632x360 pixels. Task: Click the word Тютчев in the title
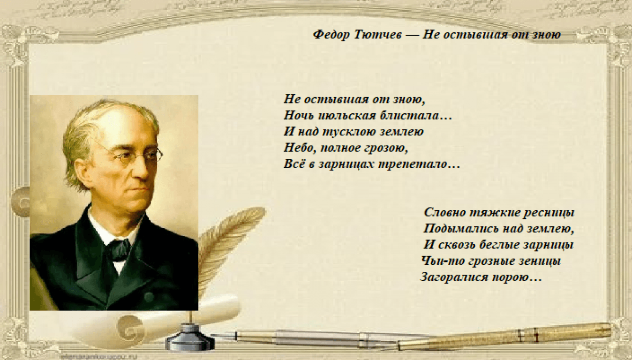(377, 35)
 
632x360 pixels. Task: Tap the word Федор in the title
(331, 35)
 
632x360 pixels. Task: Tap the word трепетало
(413, 165)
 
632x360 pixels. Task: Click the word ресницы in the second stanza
(549, 213)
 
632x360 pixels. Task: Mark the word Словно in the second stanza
(444, 212)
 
